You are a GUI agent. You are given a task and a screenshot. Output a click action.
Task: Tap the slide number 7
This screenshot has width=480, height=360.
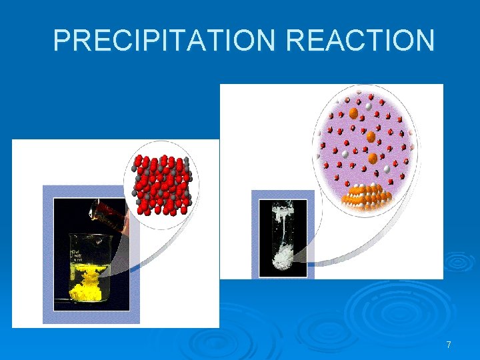tap(449, 345)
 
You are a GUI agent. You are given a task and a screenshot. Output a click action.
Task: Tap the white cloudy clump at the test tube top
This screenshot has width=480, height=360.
tap(283, 212)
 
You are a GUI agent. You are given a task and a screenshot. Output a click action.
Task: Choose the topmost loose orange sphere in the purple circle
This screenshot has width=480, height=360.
tap(353, 114)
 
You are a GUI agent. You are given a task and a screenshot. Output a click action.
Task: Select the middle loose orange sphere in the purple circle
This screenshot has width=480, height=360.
tap(371, 137)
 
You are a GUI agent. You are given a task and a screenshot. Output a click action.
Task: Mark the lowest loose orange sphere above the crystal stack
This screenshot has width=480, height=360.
tap(373, 159)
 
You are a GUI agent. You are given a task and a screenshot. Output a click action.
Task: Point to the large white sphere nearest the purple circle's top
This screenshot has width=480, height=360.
tap(368, 105)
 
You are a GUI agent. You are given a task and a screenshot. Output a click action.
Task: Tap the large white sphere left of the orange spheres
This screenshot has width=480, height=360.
tap(345, 154)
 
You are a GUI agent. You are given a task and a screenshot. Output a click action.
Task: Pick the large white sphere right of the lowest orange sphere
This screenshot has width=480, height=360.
tap(387, 169)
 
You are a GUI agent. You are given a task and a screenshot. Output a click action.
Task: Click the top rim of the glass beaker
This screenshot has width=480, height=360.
tap(91, 235)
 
